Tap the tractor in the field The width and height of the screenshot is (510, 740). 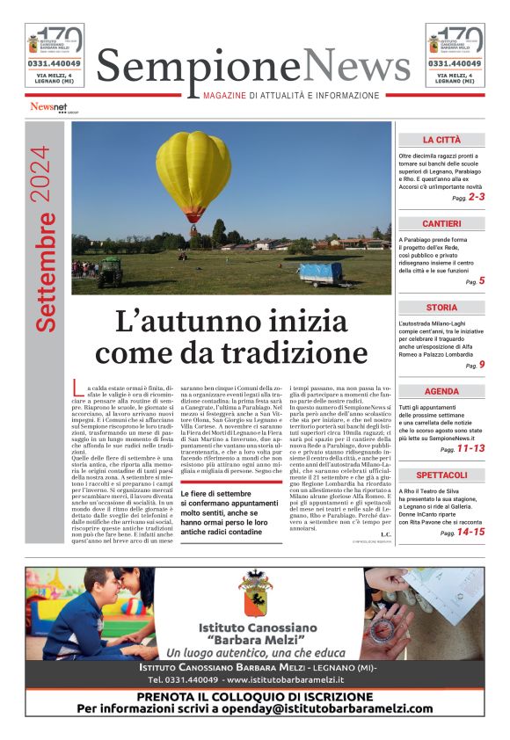click(109, 272)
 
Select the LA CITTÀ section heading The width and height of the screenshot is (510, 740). click(441, 140)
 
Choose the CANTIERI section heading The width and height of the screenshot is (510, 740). click(441, 224)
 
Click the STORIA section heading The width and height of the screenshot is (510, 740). click(441, 308)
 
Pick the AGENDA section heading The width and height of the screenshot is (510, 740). click(441, 391)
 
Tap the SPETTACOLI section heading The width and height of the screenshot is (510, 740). click(441, 475)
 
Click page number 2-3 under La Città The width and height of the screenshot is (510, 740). click(476, 198)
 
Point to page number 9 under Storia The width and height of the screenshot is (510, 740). click(482, 365)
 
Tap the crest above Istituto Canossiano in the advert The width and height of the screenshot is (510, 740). click(256, 602)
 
